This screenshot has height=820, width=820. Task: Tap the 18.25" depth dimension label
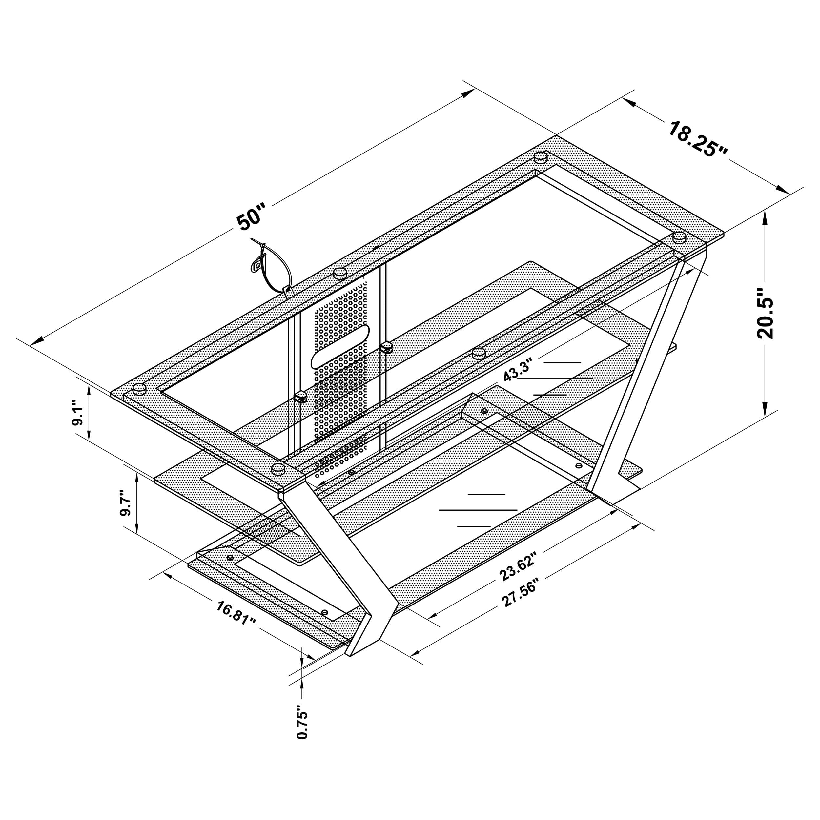pos(698,139)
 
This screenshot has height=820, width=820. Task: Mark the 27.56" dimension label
pos(520,592)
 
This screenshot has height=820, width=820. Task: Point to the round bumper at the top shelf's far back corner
pos(540,157)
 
